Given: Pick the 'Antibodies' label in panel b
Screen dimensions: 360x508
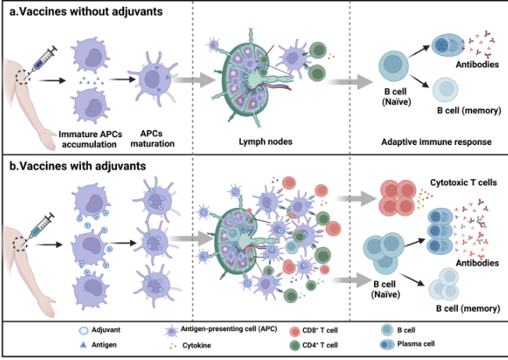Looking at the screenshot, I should click(464, 264).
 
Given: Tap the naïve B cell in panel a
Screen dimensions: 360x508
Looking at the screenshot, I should click(395, 65).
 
